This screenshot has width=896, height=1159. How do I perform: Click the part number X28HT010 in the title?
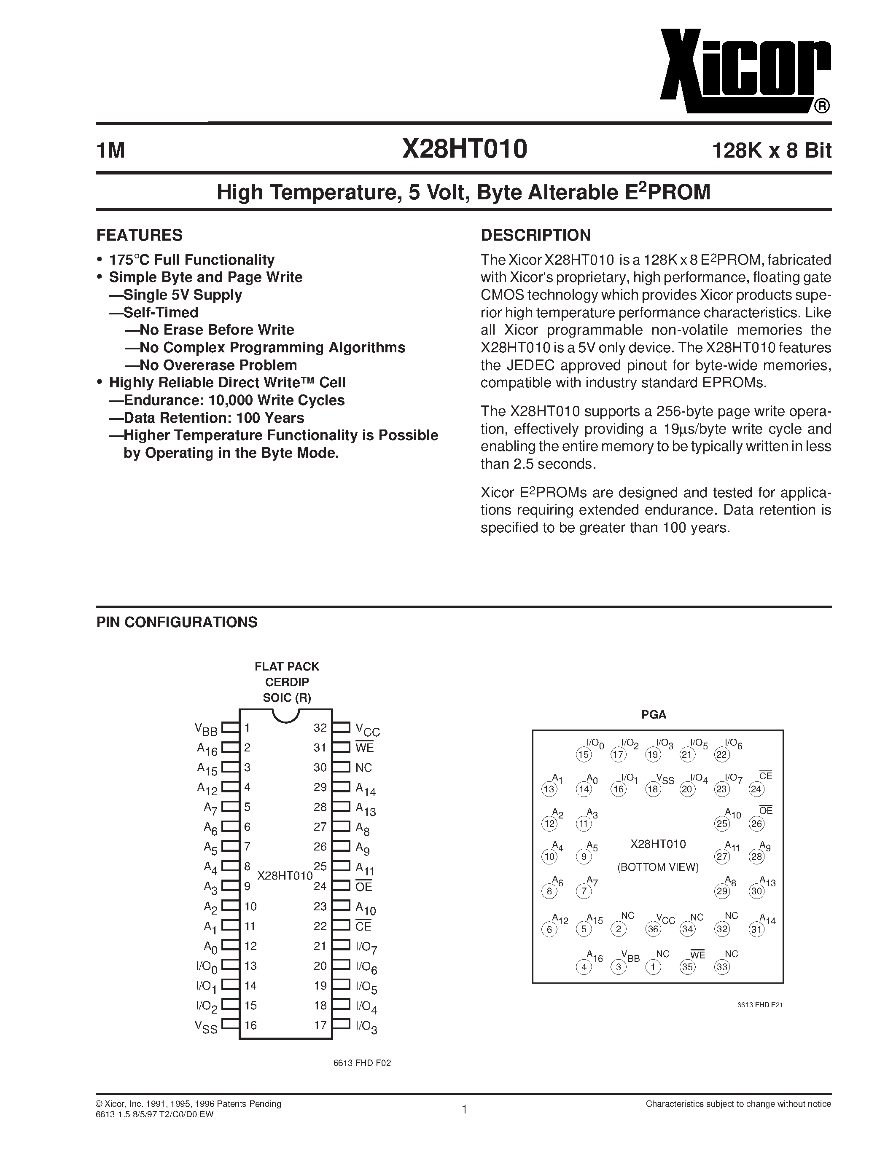(x=465, y=149)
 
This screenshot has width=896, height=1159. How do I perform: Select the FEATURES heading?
(x=139, y=235)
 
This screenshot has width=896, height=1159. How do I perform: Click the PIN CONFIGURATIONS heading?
(x=177, y=622)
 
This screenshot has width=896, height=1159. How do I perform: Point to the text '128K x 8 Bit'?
(x=771, y=151)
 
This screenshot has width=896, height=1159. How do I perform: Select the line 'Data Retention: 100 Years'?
(x=213, y=418)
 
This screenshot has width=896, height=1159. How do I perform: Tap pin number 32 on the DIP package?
(x=320, y=727)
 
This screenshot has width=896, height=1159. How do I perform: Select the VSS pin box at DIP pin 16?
(x=230, y=1025)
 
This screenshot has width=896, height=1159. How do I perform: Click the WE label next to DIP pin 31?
(x=365, y=748)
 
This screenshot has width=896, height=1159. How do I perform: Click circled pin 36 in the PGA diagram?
(x=653, y=929)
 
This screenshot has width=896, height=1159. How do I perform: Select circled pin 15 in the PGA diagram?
(x=584, y=754)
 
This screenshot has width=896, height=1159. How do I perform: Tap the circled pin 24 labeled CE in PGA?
(x=756, y=789)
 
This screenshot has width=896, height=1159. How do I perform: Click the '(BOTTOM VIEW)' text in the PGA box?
(x=658, y=867)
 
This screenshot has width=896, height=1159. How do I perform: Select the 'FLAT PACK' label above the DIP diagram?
(x=287, y=667)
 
